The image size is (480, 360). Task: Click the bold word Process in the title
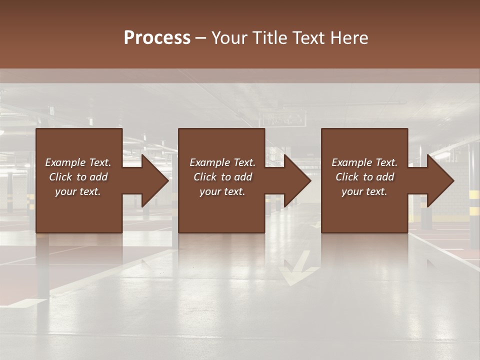[157, 38]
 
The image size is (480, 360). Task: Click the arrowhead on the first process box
[155, 181]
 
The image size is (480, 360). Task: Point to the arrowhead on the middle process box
[297, 181]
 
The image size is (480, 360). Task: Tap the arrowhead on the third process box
[440, 181]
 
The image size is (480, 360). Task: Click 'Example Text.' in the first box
[78, 162]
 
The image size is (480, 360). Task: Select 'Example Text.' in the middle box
[222, 162]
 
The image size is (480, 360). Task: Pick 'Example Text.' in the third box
[364, 162]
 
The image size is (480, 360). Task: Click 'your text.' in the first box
[78, 191]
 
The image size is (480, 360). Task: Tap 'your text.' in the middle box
[222, 191]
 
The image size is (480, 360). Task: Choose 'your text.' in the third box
[364, 191]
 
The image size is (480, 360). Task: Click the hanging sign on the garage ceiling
[282, 119]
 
